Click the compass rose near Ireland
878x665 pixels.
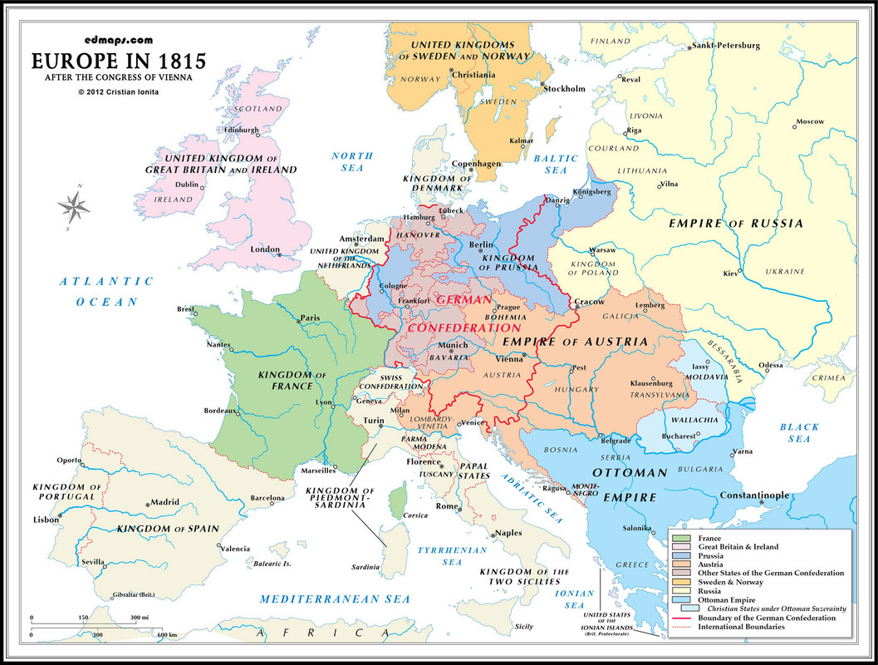[75, 206]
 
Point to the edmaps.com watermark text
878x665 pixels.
[118, 39]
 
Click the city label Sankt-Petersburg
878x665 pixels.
[727, 45]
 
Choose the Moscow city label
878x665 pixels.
[809, 121]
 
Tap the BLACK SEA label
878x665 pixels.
[799, 432]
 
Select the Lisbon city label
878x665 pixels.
[46, 519]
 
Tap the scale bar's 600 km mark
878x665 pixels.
[167, 635]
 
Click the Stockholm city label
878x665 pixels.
[565, 89]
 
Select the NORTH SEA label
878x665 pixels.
[352, 161]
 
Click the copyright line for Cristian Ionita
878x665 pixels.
[118, 91]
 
